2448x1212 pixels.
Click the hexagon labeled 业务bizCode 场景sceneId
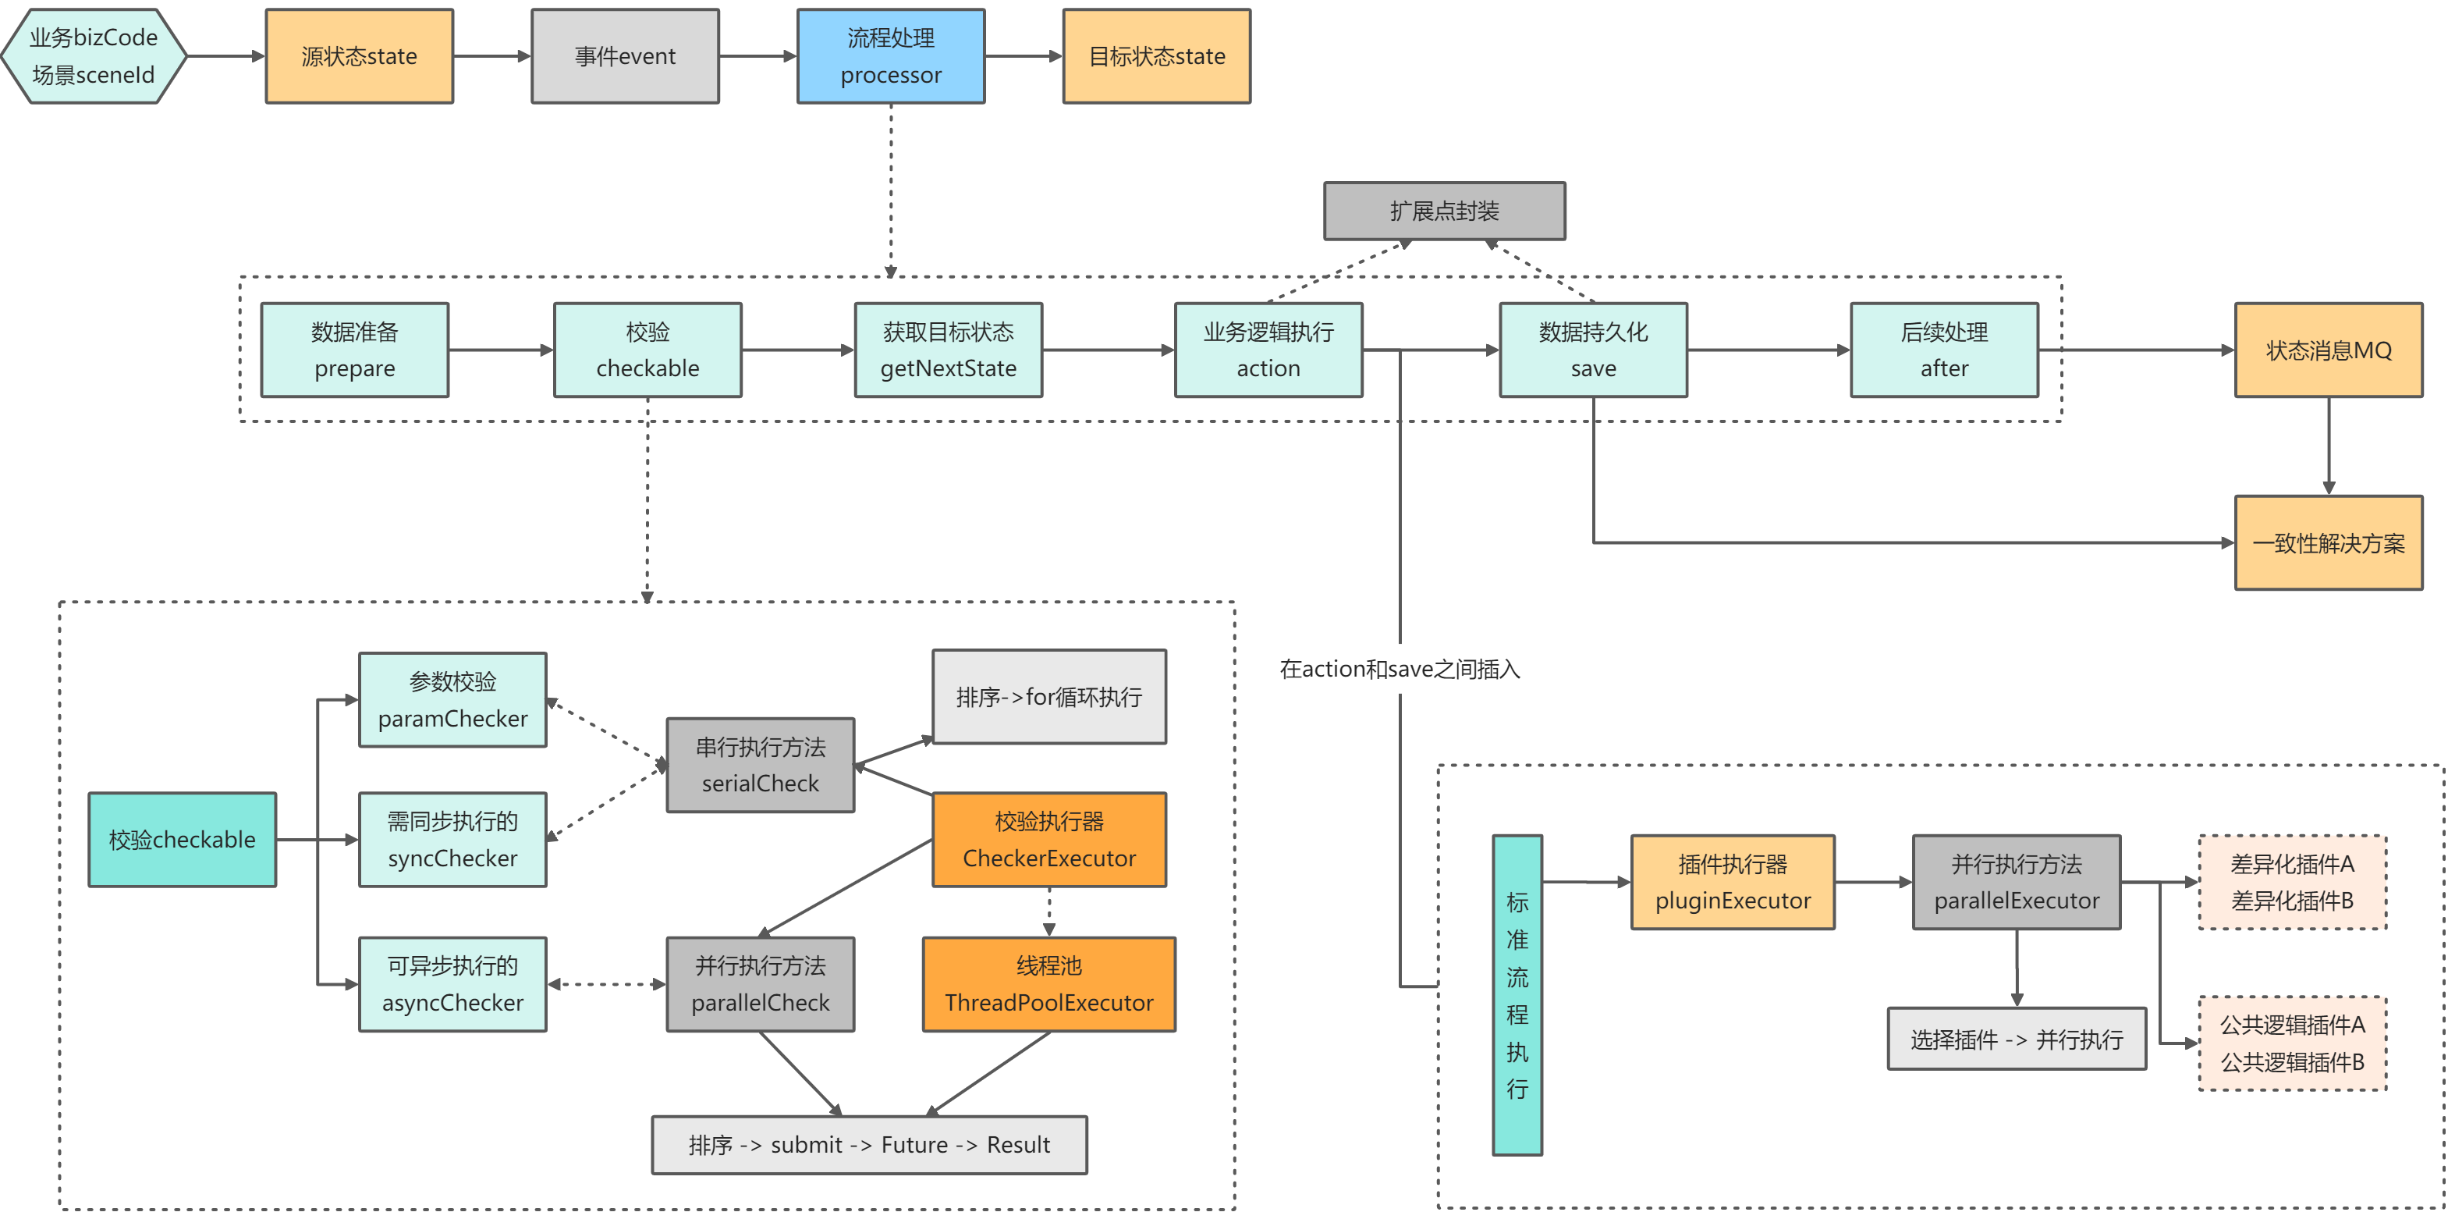(93, 56)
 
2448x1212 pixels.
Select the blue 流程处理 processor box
(890, 56)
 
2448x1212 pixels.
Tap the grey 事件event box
(624, 56)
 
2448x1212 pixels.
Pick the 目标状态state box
(1157, 56)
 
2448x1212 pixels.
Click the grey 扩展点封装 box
(1443, 211)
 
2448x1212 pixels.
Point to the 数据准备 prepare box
(354, 350)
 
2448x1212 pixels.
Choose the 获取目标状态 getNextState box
(948, 350)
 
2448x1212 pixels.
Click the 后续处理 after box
(1943, 350)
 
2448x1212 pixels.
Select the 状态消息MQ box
(2329, 350)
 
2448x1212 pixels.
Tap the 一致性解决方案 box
(2329, 543)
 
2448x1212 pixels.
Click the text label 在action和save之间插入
(1399, 669)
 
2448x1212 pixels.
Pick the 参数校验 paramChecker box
(452, 699)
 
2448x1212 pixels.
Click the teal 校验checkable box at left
(183, 840)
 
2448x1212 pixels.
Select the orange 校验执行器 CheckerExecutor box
(1049, 840)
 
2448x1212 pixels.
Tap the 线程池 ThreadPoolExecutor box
(1049, 984)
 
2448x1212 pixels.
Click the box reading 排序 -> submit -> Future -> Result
(868, 1145)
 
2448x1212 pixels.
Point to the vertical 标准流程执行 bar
(1517, 994)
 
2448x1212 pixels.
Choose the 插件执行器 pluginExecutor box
(1733, 882)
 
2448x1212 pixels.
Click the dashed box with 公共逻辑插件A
(2291, 1043)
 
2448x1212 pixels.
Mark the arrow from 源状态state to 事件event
(491, 56)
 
